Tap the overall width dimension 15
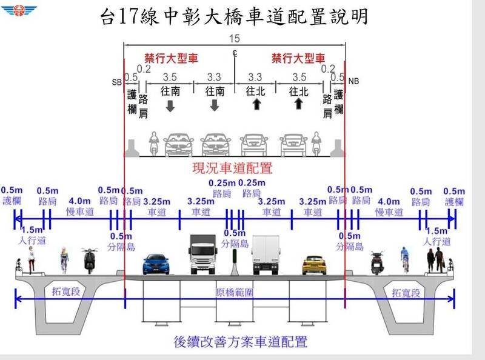click(234, 38)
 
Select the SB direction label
click(116, 81)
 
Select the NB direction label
click(354, 81)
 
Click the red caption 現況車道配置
click(233, 168)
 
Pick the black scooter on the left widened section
click(90, 259)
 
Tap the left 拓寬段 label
click(65, 292)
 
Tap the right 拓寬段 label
click(405, 292)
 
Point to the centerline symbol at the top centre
click(234, 54)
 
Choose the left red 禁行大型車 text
click(172, 59)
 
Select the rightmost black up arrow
click(298, 104)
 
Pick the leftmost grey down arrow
click(170, 106)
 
